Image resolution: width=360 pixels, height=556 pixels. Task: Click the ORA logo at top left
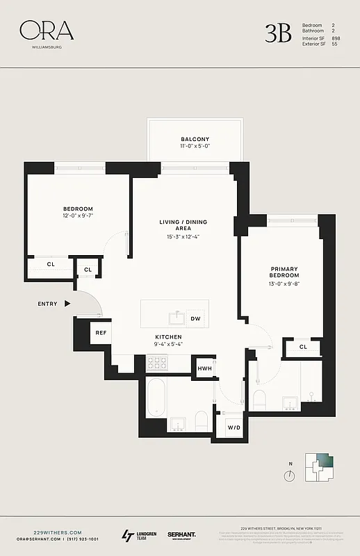click(46, 31)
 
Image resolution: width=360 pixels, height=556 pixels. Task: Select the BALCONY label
click(195, 139)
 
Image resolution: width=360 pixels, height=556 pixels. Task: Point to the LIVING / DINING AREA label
click(183, 226)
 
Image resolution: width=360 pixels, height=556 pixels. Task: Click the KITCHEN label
click(168, 336)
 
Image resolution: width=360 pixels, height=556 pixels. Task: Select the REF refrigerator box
click(101, 333)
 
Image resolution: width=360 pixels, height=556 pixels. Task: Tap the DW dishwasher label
click(195, 319)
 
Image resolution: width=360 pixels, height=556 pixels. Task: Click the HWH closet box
click(205, 368)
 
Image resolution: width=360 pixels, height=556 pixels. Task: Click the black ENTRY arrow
click(67, 304)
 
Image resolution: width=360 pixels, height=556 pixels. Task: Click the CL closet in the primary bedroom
click(304, 347)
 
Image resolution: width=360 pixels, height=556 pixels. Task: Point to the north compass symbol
click(288, 475)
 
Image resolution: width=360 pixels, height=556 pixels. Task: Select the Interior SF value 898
click(336, 38)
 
